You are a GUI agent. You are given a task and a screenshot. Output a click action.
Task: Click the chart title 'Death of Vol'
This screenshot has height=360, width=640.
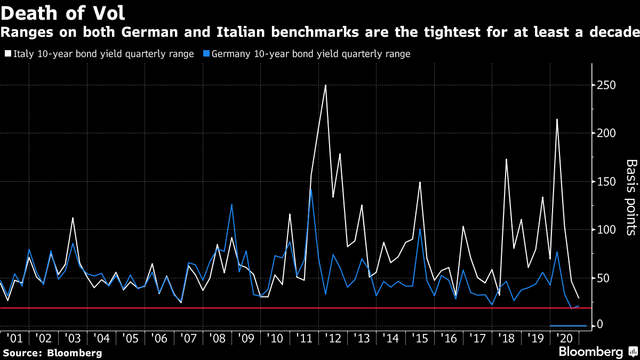coord(63,12)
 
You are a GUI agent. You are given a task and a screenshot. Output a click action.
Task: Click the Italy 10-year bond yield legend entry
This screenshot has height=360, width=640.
coord(99,54)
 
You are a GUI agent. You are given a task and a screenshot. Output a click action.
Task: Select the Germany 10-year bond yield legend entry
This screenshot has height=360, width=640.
coord(307,54)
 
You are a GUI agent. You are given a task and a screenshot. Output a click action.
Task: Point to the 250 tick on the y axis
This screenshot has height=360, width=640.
coord(607,85)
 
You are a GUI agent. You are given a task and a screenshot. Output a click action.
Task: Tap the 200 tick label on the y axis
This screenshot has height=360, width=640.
coord(607,133)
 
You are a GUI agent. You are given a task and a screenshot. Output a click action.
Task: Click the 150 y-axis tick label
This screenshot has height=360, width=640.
coord(607,182)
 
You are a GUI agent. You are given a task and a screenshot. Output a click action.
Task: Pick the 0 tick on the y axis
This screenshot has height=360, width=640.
coord(599,325)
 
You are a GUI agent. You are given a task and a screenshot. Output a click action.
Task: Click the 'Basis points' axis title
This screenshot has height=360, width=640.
coord(630,197)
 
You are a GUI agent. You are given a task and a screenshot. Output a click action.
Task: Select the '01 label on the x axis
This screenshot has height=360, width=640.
coord(14,338)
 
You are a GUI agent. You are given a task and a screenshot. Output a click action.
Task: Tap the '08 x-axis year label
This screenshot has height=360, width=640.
coord(218,338)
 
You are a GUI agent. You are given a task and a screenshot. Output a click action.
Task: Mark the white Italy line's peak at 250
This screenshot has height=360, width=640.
coord(325,85)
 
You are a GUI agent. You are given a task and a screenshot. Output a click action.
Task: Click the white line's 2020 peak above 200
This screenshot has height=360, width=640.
coord(557,119)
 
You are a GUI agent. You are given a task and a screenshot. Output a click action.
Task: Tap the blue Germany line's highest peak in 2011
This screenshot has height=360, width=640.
coord(311,190)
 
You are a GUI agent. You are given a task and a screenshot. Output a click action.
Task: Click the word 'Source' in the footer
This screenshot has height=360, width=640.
coord(21,353)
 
